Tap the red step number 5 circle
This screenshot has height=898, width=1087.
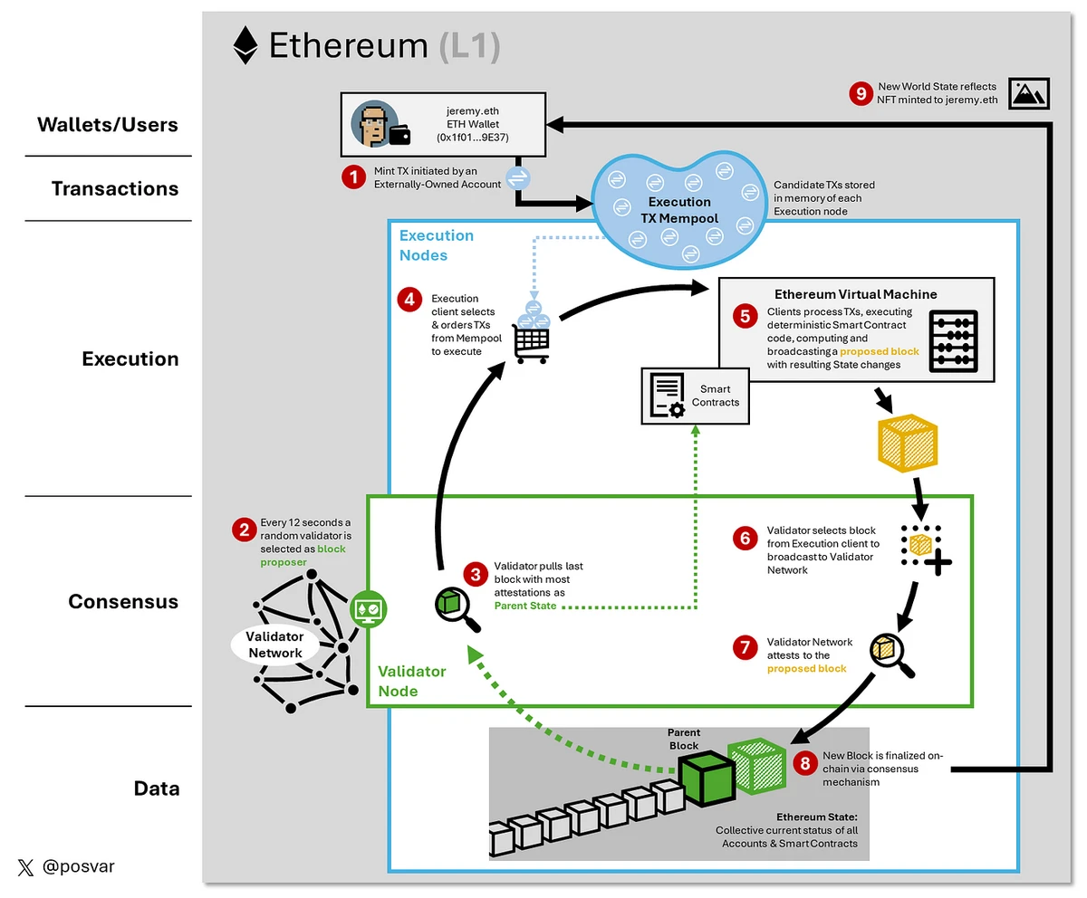pyautogui.click(x=746, y=316)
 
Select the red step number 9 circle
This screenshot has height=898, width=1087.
pyautogui.click(x=861, y=93)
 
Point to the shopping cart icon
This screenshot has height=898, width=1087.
pyautogui.click(x=531, y=340)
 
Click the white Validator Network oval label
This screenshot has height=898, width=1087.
pyautogui.click(x=274, y=645)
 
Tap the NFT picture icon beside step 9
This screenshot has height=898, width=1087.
pyautogui.click(x=1028, y=92)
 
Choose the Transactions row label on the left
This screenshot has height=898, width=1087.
pyautogui.click(x=115, y=189)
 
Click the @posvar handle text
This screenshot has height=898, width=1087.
pyautogui.click(x=79, y=867)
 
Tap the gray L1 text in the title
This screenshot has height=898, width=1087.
pyautogui.click(x=468, y=46)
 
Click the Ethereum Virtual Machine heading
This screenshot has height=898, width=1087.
pyautogui.click(x=855, y=294)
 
